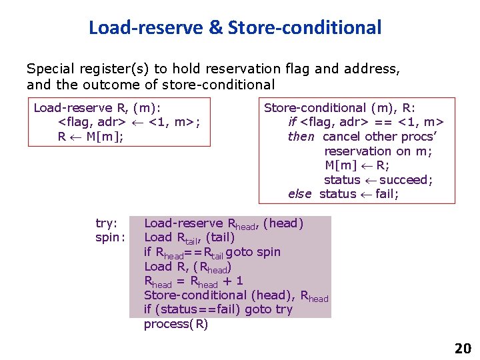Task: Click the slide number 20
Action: click(x=463, y=348)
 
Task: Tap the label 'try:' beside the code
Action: click(x=107, y=223)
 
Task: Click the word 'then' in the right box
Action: click(x=301, y=137)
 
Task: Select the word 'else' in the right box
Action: click(x=300, y=194)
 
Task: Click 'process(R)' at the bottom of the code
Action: click(x=176, y=324)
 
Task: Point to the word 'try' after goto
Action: click(x=283, y=309)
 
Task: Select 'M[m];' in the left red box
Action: click(x=105, y=137)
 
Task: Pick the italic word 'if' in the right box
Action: click(x=292, y=122)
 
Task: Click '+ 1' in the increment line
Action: click(x=233, y=281)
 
